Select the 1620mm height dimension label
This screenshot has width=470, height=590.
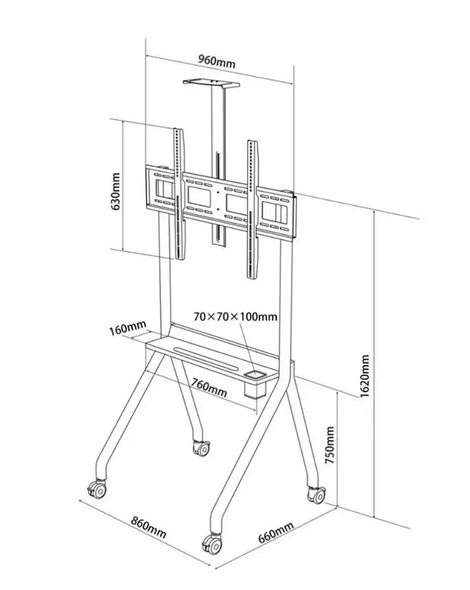point(365,376)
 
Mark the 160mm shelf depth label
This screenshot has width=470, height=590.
point(127,329)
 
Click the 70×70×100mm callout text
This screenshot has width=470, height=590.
point(235,317)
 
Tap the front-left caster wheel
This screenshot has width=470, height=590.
point(99,489)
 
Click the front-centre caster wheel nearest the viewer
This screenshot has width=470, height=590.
point(213,544)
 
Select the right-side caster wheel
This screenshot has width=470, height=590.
point(316,494)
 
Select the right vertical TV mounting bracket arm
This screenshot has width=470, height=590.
point(252,208)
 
